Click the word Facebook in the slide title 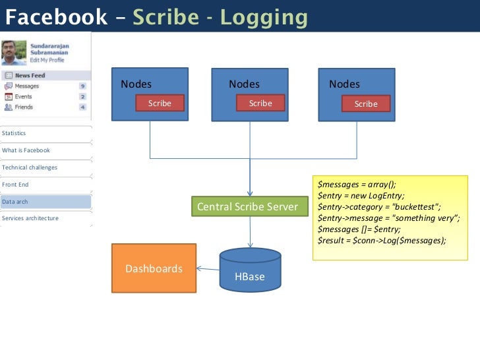point(56,17)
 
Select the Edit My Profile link point(47,60)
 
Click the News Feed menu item point(30,75)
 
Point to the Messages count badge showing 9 point(82,86)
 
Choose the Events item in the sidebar point(23,96)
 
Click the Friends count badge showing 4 point(82,107)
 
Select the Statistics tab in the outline point(15,133)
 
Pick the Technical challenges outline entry point(30,167)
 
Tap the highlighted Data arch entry point(16,202)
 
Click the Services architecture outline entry point(30,218)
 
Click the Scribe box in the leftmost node point(160,103)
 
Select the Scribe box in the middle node point(260,103)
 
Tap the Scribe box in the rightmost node point(366,104)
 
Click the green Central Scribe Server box point(247,207)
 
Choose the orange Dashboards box point(154,268)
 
